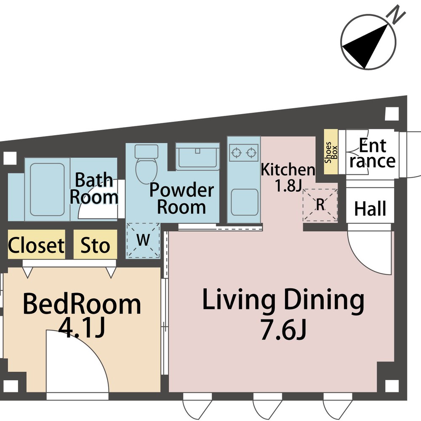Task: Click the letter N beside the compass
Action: click(x=395, y=14)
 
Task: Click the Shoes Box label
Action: click(x=331, y=152)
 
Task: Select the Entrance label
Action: click(x=373, y=153)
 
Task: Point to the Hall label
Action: click(x=370, y=209)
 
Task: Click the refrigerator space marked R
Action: click(x=320, y=205)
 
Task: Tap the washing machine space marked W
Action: click(x=143, y=240)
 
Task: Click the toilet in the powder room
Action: click(x=147, y=163)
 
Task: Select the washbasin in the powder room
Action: click(x=197, y=156)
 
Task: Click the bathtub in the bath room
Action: click(x=47, y=189)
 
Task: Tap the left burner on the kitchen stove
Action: click(x=236, y=153)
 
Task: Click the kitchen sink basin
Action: click(x=244, y=202)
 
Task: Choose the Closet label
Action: click(x=36, y=245)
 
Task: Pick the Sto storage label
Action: click(x=95, y=245)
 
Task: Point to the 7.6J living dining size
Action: click(x=284, y=330)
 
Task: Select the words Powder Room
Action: click(x=182, y=198)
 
